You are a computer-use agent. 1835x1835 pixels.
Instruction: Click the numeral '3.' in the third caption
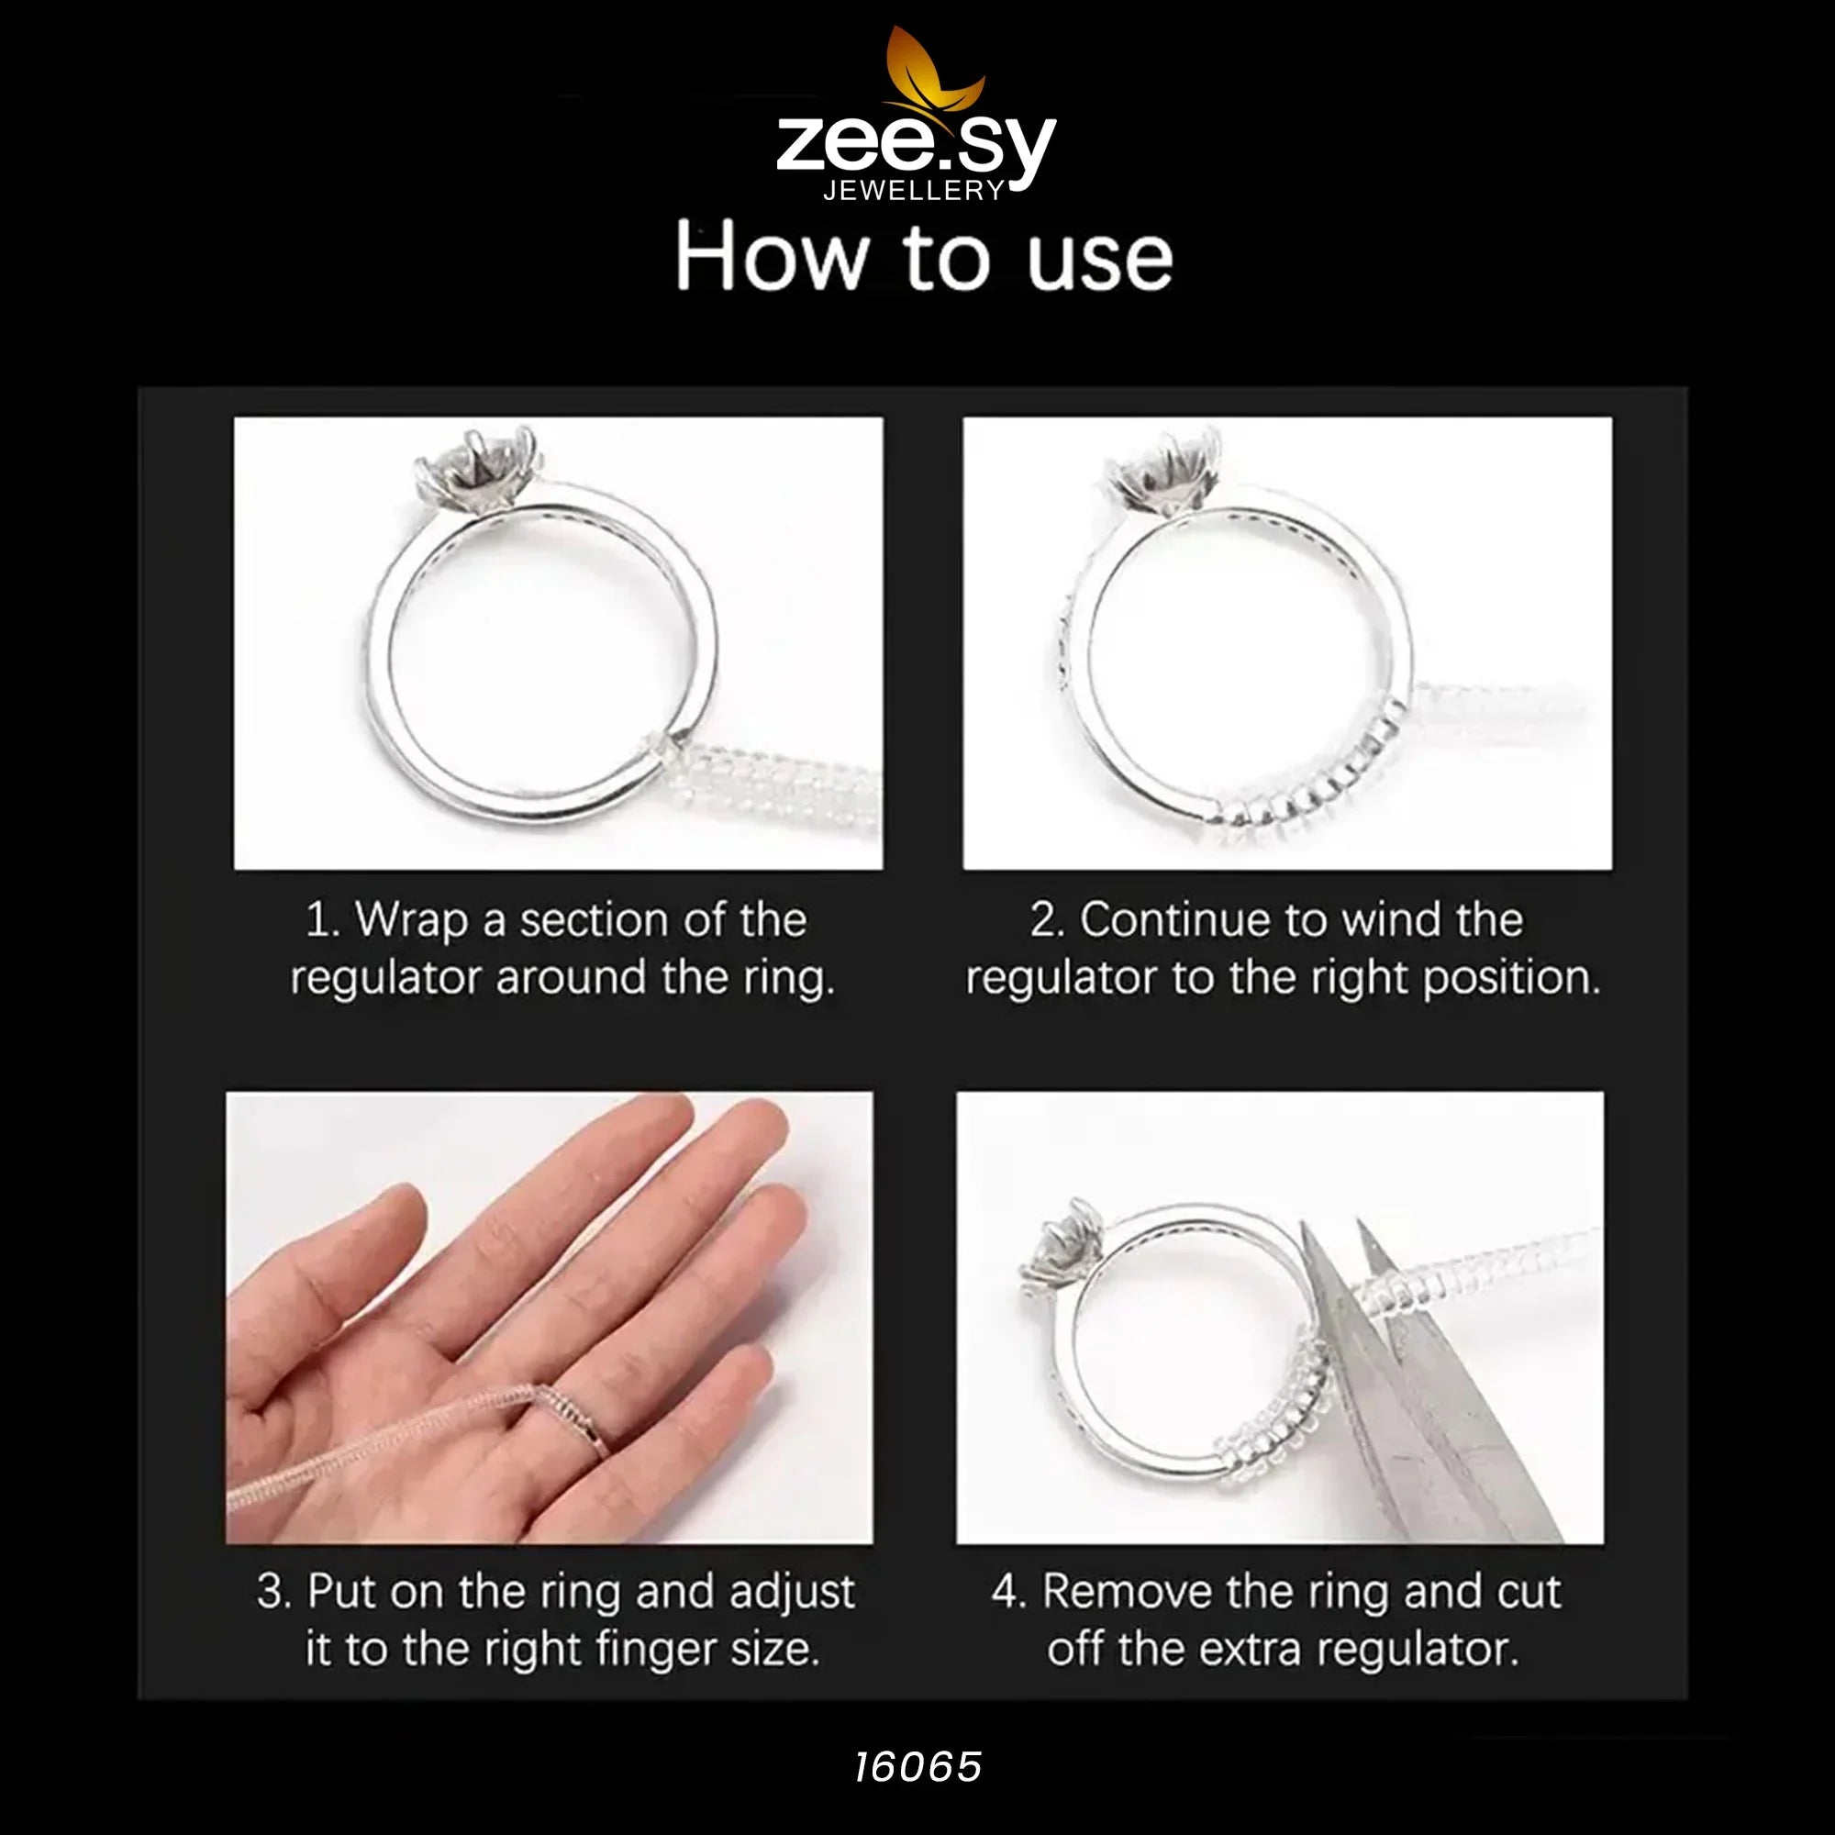tap(273, 1591)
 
